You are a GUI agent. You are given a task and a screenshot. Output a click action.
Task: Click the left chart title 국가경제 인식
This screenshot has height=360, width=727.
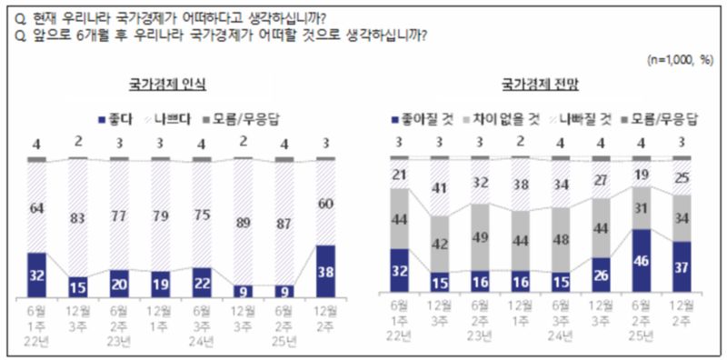click(x=166, y=85)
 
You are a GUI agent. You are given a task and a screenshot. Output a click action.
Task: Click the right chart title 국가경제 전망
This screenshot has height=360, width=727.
click(x=541, y=85)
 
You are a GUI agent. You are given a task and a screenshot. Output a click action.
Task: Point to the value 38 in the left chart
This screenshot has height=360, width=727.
click(x=325, y=272)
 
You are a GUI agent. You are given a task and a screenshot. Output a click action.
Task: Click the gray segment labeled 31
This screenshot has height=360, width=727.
click(x=642, y=209)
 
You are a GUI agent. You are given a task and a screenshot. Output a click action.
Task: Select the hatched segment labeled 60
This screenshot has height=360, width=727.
click(x=325, y=204)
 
